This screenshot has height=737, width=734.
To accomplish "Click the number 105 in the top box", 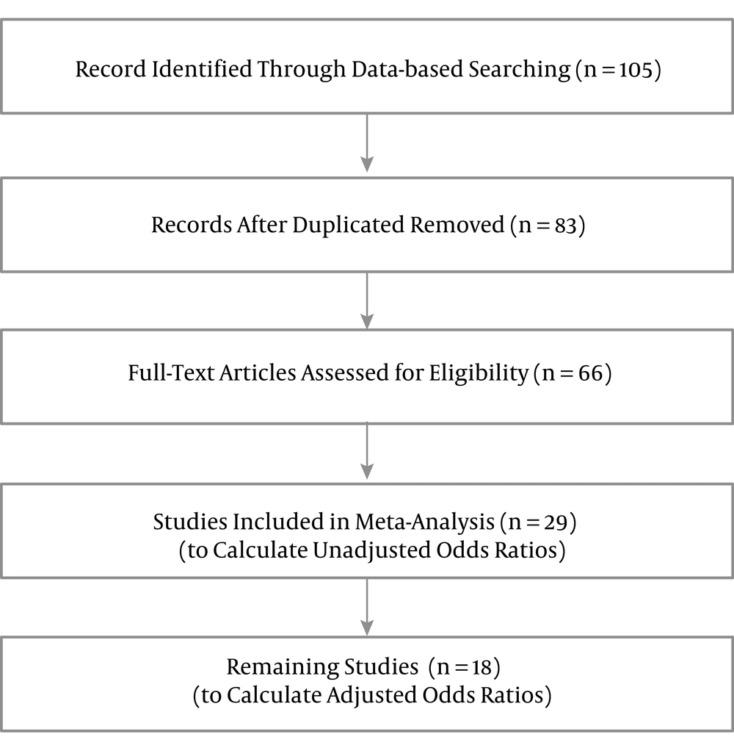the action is pyautogui.click(x=636, y=70).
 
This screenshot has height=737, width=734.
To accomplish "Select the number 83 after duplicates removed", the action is pyautogui.click(x=565, y=226).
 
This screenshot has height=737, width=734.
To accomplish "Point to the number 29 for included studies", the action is pyautogui.click(x=556, y=522).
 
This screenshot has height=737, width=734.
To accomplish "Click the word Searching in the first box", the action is pyautogui.click(x=520, y=70).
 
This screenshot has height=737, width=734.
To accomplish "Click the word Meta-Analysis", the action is pyautogui.click(x=424, y=522).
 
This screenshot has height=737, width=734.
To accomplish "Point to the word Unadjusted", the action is pyautogui.click(x=371, y=550).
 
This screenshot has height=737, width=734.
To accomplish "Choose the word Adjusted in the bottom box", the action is pyautogui.click(x=371, y=695).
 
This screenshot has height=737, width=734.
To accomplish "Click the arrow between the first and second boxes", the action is pyautogui.click(x=367, y=143).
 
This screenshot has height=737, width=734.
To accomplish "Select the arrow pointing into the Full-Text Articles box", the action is pyautogui.click(x=367, y=301).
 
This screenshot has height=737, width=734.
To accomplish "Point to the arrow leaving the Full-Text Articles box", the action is pyautogui.click(x=367, y=451).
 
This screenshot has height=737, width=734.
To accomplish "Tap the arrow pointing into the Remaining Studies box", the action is pyautogui.click(x=367, y=607).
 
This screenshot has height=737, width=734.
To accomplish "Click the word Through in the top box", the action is pyautogui.click(x=302, y=70).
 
